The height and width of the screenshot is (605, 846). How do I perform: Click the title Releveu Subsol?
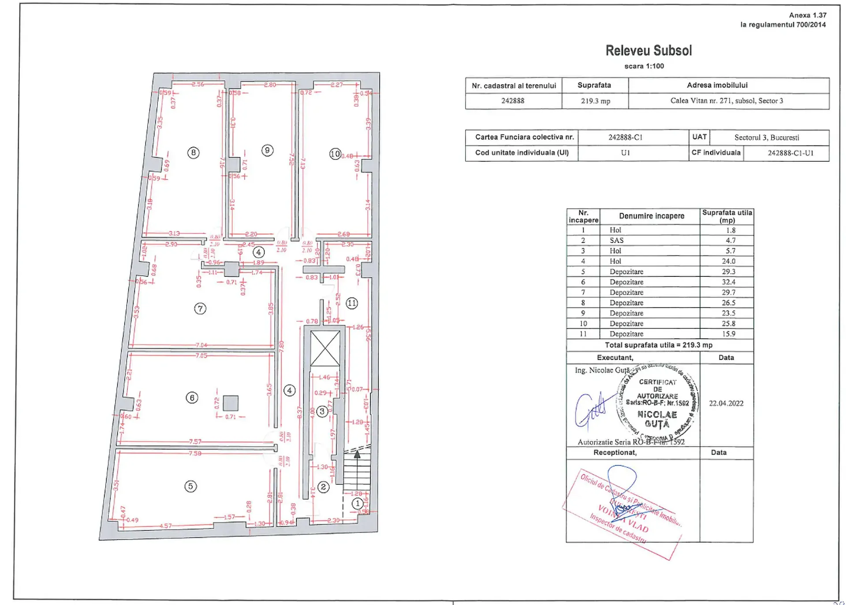[648, 51]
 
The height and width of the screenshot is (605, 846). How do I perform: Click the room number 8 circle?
[193, 153]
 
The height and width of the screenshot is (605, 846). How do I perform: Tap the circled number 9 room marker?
[267, 150]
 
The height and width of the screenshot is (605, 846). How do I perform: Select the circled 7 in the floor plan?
[200, 308]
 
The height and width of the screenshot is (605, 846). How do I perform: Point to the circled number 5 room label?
[190, 486]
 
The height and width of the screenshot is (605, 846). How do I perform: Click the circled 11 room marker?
[352, 303]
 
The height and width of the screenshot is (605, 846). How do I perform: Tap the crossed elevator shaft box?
[325, 348]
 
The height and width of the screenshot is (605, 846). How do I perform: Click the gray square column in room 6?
[231, 403]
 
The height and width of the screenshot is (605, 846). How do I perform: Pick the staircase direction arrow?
[357, 454]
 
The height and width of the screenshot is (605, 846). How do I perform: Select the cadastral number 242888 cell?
[513, 101]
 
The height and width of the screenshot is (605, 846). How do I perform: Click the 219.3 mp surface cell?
[595, 101]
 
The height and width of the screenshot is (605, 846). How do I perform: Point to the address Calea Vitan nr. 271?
[727, 101]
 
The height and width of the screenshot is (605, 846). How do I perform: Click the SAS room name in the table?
[616, 240]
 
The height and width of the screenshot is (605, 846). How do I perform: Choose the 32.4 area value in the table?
[728, 282]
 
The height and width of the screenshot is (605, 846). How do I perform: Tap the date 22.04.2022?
[726, 403]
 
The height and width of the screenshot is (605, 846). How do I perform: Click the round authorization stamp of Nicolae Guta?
[657, 403]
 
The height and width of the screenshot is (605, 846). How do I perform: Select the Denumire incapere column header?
[651, 216]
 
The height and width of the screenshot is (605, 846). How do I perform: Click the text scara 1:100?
[644, 66]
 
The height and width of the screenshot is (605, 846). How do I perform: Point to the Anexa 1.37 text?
[807, 15]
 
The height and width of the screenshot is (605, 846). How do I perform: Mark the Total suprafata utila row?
[658, 345]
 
